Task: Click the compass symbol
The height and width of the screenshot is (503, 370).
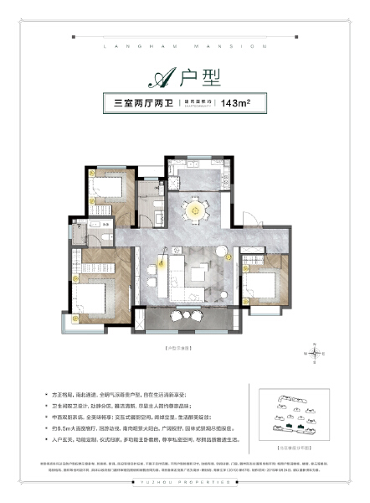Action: pyautogui.click(x=315, y=354)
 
